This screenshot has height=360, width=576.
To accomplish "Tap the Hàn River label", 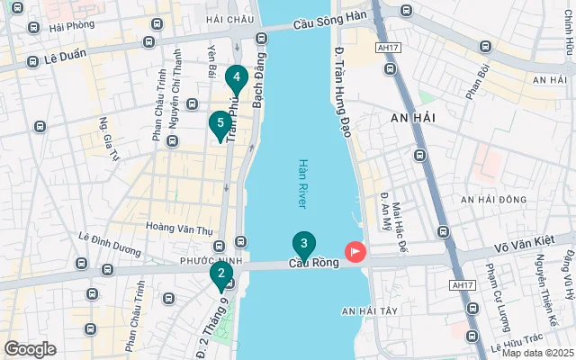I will [x=303, y=184].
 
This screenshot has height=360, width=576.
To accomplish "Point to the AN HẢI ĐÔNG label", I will [x=493, y=199].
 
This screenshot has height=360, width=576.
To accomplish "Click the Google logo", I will [x=30, y=349].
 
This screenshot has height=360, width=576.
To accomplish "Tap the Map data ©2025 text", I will [x=537, y=353].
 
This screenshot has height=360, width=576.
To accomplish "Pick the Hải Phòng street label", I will [x=72, y=27].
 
